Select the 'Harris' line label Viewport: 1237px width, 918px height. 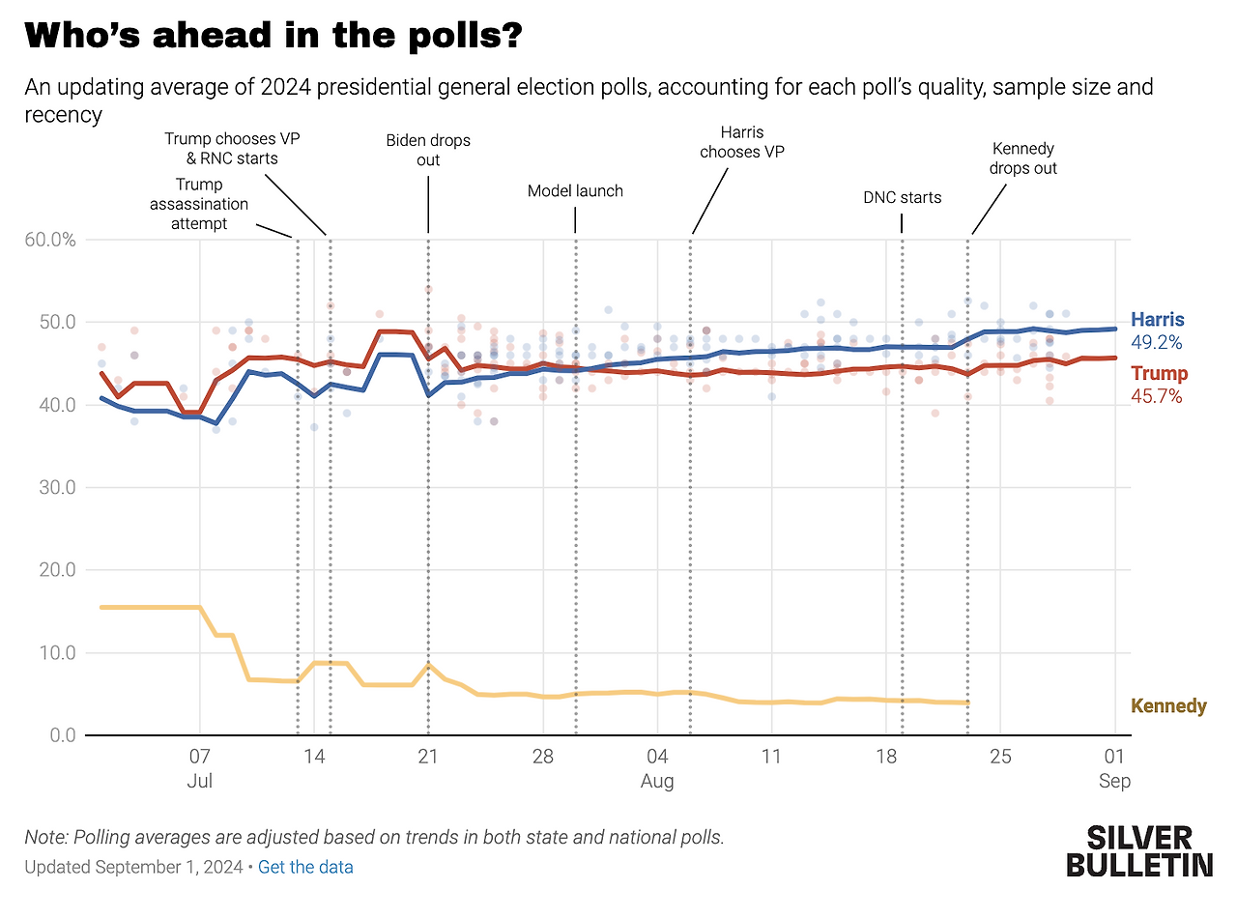(x=1158, y=320)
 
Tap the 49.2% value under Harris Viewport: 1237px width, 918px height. (x=1156, y=342)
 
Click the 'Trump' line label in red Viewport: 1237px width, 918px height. (x=1159, y=373)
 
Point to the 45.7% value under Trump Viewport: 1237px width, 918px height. (x=1156, y=396)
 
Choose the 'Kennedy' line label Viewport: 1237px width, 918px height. (x=1168, y=706)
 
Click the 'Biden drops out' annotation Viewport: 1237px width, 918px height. (x=428, y=150)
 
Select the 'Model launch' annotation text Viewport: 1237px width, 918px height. (x=575, y=191)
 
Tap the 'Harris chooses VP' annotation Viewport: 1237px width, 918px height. (x=742, y=142)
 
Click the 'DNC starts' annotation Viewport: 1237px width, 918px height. (x=902, y=197)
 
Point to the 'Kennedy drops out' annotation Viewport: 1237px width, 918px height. (x=1023, y=158)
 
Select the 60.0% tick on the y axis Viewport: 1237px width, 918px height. (x=49, y=240)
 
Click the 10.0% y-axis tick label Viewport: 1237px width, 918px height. (x=49, y=653)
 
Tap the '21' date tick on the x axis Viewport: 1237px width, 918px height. (x=428, y=756)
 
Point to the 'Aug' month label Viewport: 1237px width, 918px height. (x=657, y=781)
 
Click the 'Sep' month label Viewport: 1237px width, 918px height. (x=1114, y=781)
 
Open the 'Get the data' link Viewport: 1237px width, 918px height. (x=305, y=867)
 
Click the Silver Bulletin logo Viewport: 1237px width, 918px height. (x=1139, y=850)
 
